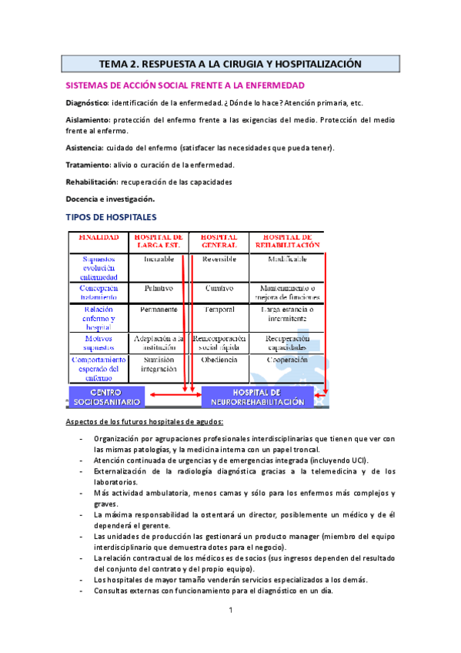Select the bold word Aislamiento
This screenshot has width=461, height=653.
click(87, 120)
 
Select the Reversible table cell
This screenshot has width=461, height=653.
click(218, 260)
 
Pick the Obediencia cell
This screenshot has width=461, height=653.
click(218, 359)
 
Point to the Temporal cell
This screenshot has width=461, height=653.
click(218, 309)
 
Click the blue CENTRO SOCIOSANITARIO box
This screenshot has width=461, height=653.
click(103, 397)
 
